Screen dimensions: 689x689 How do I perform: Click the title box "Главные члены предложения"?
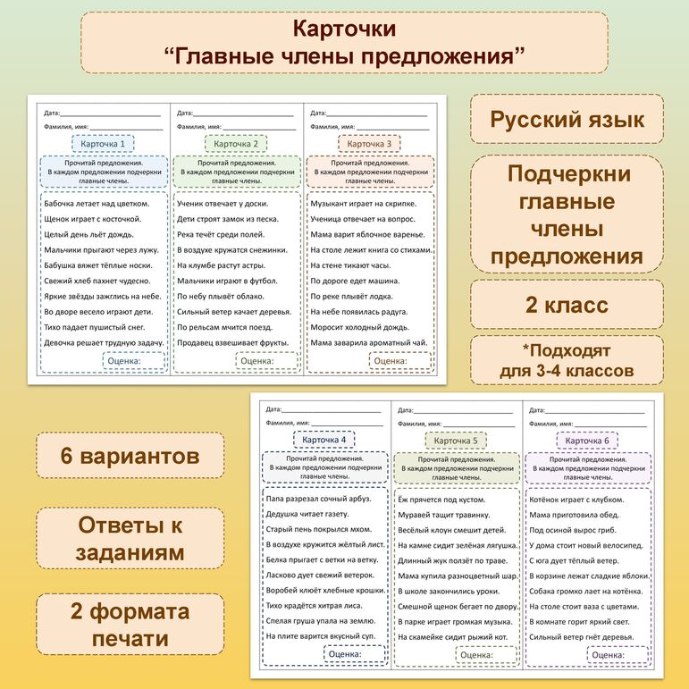[344, 43]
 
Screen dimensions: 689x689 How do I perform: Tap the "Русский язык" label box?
[567, 120]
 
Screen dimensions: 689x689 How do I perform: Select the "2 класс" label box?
[567, 305]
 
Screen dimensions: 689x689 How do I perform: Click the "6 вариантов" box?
[130, 456]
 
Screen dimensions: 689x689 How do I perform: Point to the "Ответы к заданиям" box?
[130, 538]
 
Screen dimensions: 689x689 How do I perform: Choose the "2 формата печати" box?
[130, 625]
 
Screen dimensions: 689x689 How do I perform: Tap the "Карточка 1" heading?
[103, 144]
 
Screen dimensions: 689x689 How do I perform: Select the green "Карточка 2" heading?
[236, 144]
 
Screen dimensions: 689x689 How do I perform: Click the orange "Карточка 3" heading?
[369, 144]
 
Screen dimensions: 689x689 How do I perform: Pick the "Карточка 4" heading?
[323, 441]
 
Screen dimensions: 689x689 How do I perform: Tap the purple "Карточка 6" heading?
[588, 441]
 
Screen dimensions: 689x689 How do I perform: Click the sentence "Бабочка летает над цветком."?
[97, 203]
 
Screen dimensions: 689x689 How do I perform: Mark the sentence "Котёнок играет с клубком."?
[576, 500]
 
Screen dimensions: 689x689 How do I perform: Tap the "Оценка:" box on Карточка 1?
[133, 361]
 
